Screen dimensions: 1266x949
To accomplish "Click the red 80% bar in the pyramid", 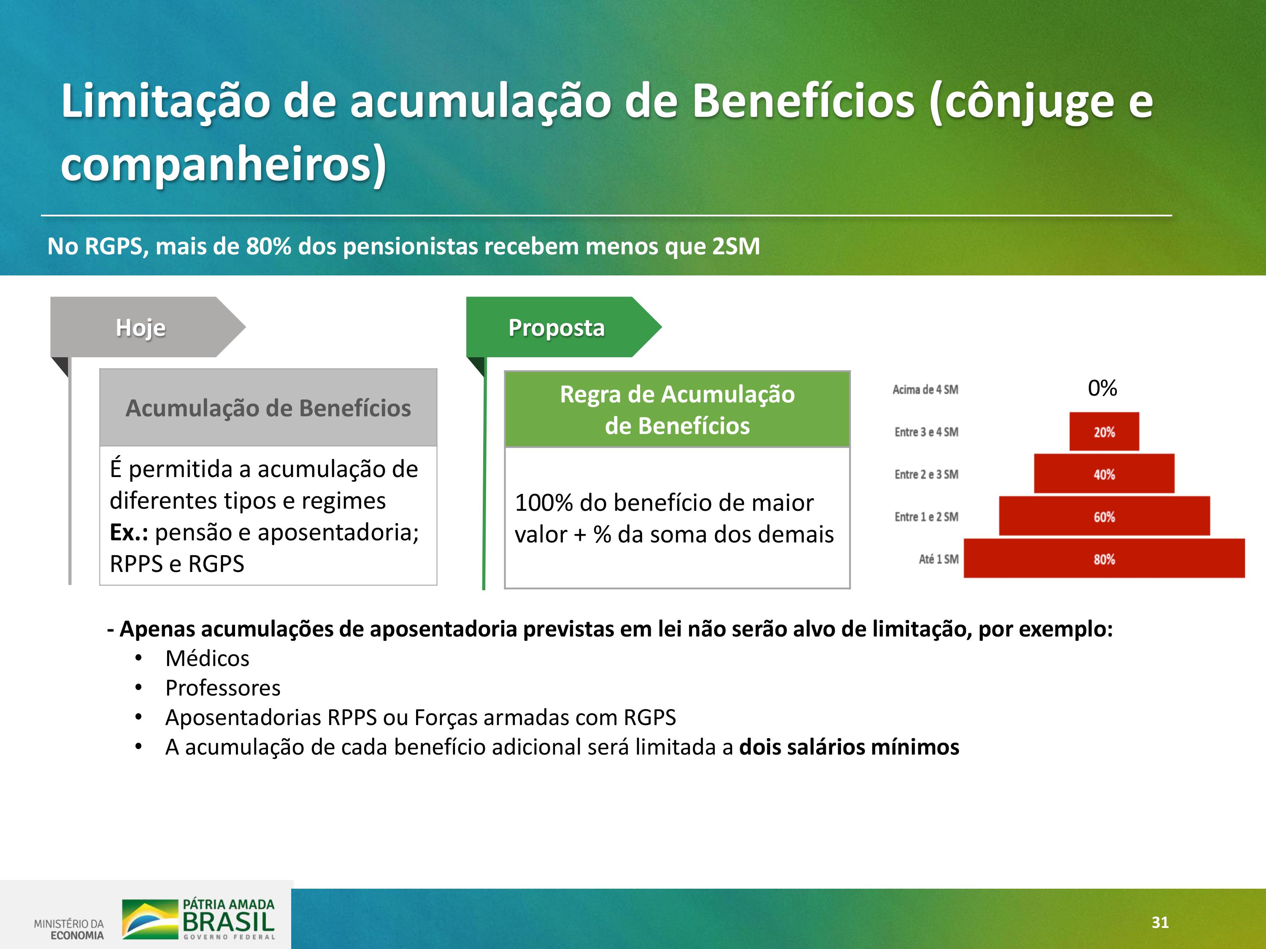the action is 1104,558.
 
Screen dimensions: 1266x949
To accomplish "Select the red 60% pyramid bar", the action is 1104,516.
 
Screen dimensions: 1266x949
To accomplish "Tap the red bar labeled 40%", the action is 1104,474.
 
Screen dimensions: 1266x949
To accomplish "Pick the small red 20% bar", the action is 1104,431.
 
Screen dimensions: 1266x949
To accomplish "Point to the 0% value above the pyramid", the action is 1102,388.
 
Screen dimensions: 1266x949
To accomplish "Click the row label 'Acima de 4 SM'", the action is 925,390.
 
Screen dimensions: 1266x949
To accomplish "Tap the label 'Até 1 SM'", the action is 939,559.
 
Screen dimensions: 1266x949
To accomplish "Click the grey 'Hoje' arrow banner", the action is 148,327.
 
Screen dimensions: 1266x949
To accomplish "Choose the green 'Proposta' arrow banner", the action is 564,327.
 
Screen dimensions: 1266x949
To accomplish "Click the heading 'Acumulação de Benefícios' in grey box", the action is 268,408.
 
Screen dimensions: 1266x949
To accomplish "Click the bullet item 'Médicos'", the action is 207,658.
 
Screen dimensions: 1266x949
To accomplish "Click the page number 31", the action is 1160,922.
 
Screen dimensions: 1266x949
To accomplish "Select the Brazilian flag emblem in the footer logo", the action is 150,919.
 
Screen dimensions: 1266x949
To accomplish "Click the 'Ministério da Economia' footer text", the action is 69,929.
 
